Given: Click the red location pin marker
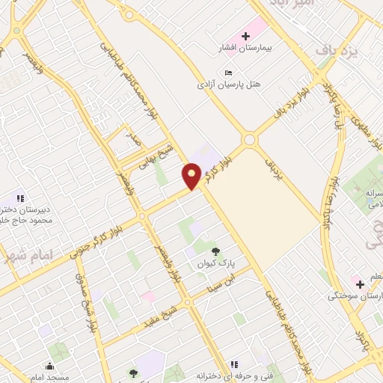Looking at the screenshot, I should [191, 177].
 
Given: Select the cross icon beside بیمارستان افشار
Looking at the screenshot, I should [245, 36].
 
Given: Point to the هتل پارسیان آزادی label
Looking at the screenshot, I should [228, 85].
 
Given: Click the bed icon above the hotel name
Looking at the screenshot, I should [228, 72].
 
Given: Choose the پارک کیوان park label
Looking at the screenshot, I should [217, 265].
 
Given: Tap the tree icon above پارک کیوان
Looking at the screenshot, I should [217, 252].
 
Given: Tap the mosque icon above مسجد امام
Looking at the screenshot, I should [49, 366].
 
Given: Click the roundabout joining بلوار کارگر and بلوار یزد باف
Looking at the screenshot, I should [249, 140].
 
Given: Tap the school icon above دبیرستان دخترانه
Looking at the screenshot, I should [20, 198].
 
